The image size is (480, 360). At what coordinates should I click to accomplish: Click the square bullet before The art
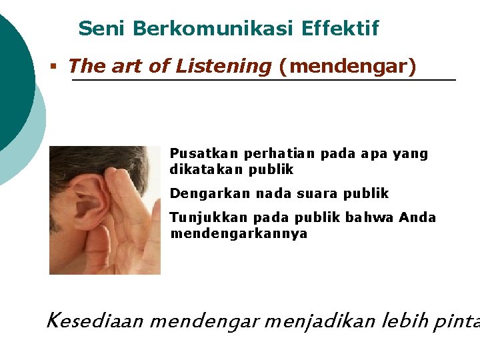[53, 67]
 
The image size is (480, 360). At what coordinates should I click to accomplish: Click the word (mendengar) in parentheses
[347, 67]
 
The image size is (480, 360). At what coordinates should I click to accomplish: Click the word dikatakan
[206, 169]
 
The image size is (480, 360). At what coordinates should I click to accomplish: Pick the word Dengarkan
[201, 194]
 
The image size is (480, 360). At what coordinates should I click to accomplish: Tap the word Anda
[417, 218]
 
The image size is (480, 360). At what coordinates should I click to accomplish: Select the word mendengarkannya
[239, 234]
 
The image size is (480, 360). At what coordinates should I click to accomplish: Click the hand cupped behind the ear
[130, 213]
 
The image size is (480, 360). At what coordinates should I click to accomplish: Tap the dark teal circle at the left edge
[13, 80]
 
